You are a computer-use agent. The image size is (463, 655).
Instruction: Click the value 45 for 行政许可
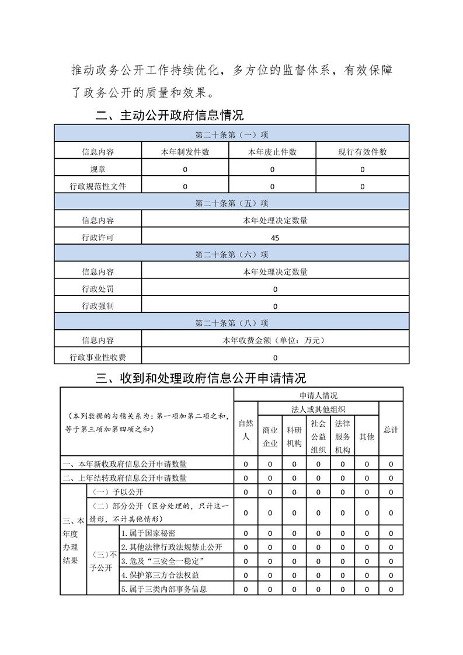coord(275,238)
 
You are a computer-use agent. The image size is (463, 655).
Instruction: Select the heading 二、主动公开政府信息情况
coord(169,115)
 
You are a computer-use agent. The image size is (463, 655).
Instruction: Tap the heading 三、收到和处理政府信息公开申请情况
coord(200,378)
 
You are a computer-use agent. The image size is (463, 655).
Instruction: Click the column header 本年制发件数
coord(185,152)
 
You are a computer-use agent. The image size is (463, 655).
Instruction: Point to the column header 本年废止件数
coord(272,152)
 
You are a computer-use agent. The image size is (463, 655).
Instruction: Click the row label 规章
coord(98,169)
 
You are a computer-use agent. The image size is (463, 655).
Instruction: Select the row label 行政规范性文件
coord(98,187)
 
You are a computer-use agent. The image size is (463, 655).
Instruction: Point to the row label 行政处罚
coord(98,289)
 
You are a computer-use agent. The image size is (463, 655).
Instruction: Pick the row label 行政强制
coord(98,306)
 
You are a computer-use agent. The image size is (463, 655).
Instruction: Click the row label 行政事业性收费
coord(98,357)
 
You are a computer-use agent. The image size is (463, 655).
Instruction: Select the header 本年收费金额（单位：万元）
coord(274,340)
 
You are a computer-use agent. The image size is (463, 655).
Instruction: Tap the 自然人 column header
coord(246,429)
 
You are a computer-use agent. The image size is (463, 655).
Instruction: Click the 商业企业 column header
coord(270,436)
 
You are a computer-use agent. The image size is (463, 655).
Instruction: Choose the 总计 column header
coord(391,430)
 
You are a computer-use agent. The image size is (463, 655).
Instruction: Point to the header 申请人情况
coord(318,395)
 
